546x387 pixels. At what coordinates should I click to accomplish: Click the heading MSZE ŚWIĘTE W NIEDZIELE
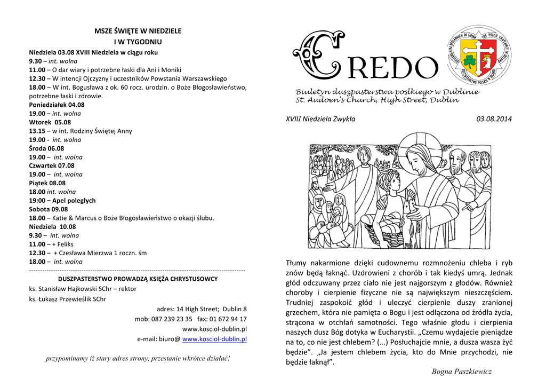[x=138, y=31]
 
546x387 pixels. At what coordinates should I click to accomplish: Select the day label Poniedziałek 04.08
[x=57, y=105]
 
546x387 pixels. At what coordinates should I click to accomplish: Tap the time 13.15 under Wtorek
[x=37, y=131]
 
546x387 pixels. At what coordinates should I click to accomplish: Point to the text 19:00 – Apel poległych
[x=62, y=200]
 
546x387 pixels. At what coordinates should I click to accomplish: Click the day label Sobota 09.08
[x=49, y=209]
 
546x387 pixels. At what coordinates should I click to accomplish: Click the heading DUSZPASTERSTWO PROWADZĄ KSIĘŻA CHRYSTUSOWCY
[x=138, y=279]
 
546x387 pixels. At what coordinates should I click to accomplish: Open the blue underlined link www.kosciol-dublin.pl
[x=214, y=339]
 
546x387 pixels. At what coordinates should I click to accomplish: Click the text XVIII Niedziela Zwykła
[x=320, y=119]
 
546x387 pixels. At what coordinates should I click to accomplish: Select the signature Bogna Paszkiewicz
[x=462, y=372]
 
